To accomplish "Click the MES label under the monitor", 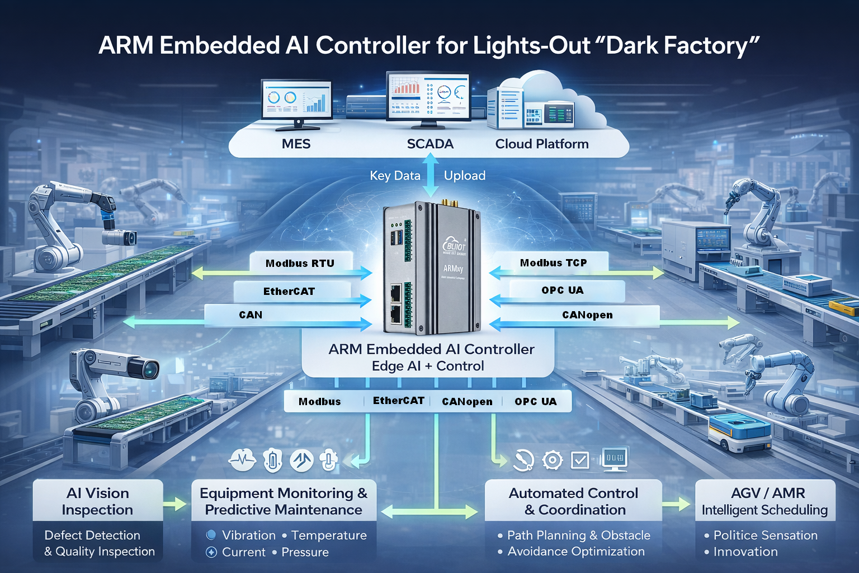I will (296, 144).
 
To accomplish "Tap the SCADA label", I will (429, 144).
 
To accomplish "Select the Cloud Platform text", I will (541, 144).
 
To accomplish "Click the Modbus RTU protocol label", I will (300, 263).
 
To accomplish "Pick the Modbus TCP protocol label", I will (553, 262).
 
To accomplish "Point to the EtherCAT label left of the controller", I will (289, 291).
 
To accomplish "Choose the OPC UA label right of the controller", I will (562, 290).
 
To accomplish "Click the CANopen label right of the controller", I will (587, 314).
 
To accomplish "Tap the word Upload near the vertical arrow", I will (464, 176).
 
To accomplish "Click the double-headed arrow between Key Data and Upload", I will (430, 175).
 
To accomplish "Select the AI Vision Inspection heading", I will (97, 501).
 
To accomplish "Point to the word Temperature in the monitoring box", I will (329, 536).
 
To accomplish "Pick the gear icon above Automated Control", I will (553, 460).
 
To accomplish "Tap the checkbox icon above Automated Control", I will (579, 461).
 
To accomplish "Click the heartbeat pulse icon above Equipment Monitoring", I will (242, 461).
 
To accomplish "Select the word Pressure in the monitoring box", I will (305, 552).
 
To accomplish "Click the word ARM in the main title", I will (126, 46).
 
